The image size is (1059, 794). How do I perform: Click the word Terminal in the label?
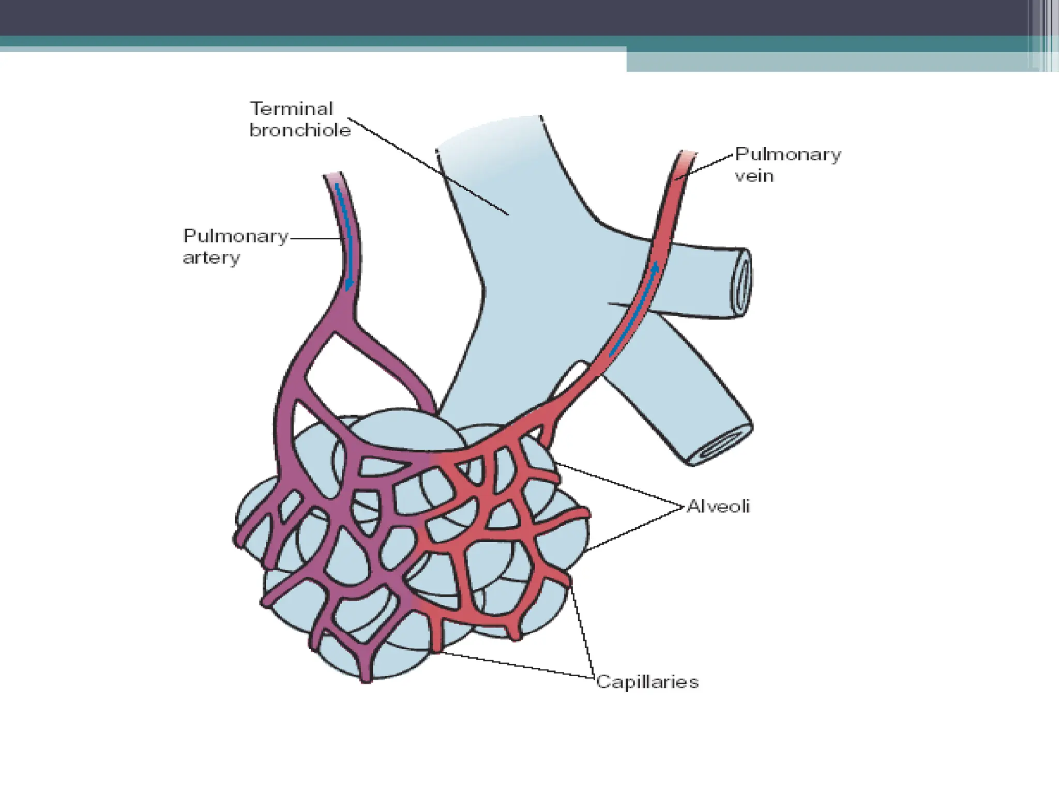coord(292,109)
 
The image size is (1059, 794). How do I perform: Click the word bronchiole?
coord(300,130)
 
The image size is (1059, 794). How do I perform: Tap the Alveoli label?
coord(718,506)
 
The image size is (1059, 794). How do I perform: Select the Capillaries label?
coord(647,682)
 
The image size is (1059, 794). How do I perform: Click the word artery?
coord(211,257)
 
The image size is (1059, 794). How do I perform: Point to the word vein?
coord(754,176)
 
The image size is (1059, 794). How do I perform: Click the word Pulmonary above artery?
coord(236,236)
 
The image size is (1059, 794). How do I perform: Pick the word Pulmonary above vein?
coord(788,154)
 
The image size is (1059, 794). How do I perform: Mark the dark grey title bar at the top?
coord(517,17)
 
